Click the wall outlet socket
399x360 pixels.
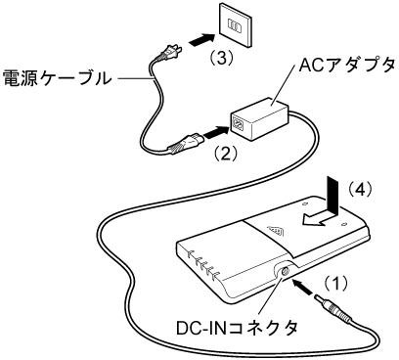(236, 24)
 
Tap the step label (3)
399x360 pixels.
(222, 59)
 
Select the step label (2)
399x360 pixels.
(225, 153)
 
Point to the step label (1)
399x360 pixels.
(335, 284)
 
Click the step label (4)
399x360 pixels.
(359, 189)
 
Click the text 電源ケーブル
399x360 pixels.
(58, 78)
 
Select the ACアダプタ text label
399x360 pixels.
(347, 66)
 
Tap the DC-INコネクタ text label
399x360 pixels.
(237, 328)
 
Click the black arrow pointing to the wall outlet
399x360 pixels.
(202, 40)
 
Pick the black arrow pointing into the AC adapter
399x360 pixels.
(216, 132)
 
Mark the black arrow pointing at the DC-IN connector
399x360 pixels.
(303, 288)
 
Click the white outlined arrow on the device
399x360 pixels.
(319, 220)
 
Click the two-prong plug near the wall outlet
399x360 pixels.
(167, 55)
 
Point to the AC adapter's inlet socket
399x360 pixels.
(238, 124)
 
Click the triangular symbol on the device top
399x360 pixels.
(276, 232)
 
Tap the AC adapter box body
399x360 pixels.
(260, 118)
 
